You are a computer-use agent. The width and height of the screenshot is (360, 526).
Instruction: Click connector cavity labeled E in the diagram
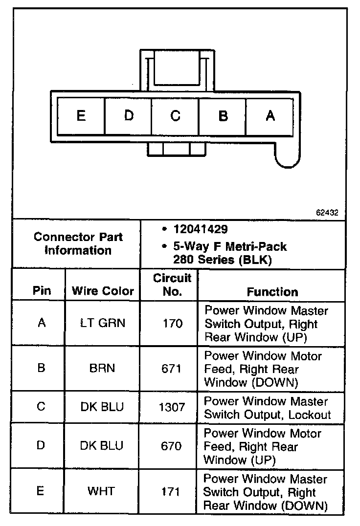(x=81, y=116)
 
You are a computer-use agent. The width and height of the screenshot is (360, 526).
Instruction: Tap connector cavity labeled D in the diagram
(x=128, y=116)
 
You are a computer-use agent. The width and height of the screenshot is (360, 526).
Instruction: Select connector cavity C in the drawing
(x=175, y=116)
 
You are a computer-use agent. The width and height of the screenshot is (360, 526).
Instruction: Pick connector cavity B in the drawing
(x=223, y=116)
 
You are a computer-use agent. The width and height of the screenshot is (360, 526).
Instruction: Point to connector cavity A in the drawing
(x=270, y=116)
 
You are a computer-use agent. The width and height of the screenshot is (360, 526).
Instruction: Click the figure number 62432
(x=327, y=213)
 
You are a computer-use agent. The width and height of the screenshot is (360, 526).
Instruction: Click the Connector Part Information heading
(x=78, y=244)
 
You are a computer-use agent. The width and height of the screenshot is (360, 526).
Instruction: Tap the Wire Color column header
(x=103, y=291)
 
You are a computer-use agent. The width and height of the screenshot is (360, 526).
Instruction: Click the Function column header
(x=272, y=292)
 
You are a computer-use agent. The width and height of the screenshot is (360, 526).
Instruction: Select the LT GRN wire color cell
(x=103, y=323)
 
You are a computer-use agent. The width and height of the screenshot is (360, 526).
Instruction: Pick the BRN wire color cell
(x=103, y=368)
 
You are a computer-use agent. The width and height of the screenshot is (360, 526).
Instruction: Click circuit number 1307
(x=172, y=407)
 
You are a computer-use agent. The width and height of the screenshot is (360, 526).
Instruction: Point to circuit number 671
(x=172, y=368)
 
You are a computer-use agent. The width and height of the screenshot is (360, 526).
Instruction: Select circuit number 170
(x=172, y=323)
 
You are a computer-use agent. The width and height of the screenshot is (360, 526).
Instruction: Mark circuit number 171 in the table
(x=172, y=491)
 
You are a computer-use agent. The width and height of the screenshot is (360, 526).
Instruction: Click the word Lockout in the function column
(x=311, y=415)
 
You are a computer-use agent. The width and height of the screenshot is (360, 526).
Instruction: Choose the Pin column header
(x=42, y=291)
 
